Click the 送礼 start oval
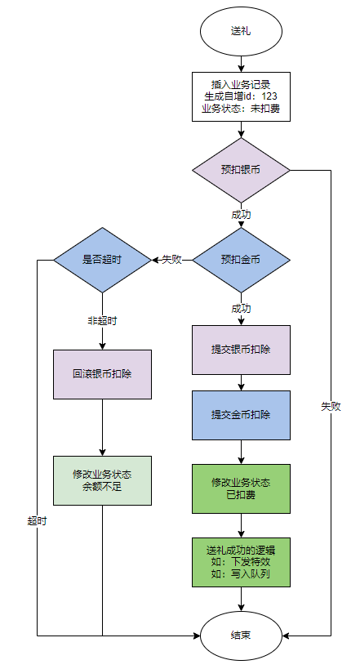pyautogui.click(x=241, y=31)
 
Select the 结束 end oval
pyautogui.click(x=241, y=636)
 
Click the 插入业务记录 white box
pyautogui.click(x=241, y=97)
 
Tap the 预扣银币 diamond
pyautogui.click(x=241, y=170)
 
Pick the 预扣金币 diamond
pyautogui.click(x=241, y=260)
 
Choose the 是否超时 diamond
pyautogui.click(x=102, y=260)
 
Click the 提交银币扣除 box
pyautogui.click(x=241, y=350)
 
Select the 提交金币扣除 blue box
pyautogui.click(x=241, y=415)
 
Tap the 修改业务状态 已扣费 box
pyautogui.click(x=241, y=488)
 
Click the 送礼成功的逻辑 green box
pyautogui.click(x=241, y=562)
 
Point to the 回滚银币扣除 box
pyautogui.click(x=102, y=374)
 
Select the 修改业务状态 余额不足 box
pyautogui.click(x=102, y=480)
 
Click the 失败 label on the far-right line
pyautogui.click(x=331, y=407)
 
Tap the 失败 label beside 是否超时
pyautogui.click(x=172, y=260)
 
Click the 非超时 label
pyautogui.click(x=102, y=321)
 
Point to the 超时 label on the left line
pyautogui.click(x=37, y=521)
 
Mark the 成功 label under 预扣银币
pyautogui.click(x=241, y=215)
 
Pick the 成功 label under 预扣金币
pyautogui.click(x=241, y=309)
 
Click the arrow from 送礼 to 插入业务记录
pyautogui.click(x=241, y=64)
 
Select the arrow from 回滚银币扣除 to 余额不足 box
pyautogui.click(x=102, y=427)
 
